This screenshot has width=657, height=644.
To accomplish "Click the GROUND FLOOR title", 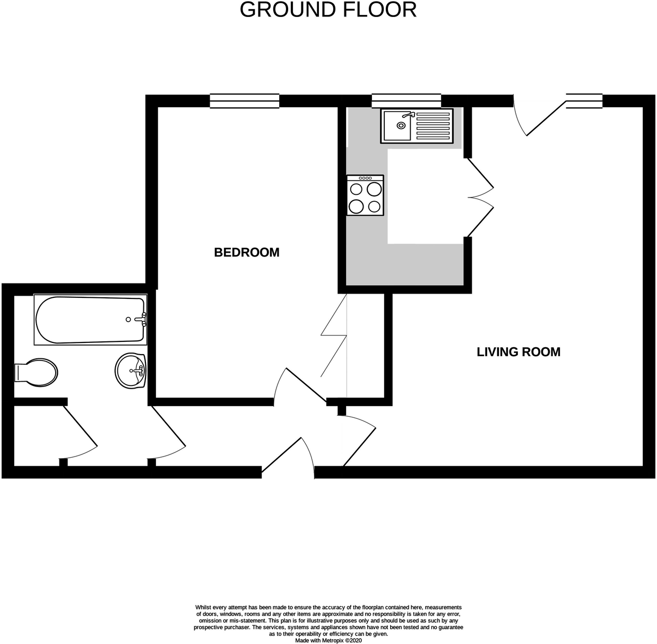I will click(328, 10).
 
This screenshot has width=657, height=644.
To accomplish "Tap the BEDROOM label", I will click(246, 252).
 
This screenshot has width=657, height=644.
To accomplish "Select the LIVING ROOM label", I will click(518, 351).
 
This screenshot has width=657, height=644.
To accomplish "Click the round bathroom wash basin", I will click(130, 371).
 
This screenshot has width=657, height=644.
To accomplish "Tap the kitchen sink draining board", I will click(432, 126).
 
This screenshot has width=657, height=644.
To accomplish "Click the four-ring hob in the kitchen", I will click(365, 195).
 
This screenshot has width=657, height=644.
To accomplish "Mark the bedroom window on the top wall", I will click(244, 101).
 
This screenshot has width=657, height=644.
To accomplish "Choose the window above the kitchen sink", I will click(406, 101).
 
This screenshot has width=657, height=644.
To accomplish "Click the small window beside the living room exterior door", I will click(584, 101).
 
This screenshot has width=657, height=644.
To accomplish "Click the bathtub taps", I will click(142, 319).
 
